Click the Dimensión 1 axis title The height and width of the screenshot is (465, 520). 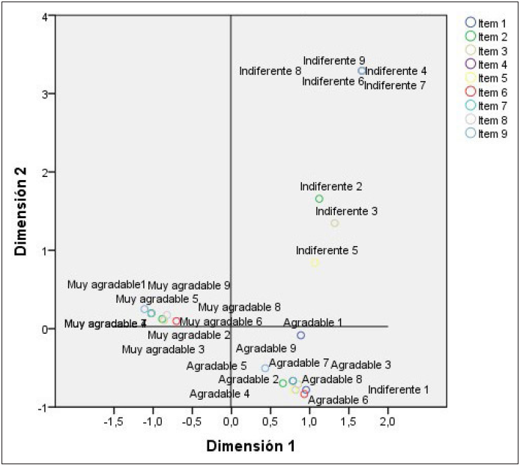tap(250, 445)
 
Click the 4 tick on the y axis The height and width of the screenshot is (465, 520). tap(46, 16)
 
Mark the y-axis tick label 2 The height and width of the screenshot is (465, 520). tap(46, 172)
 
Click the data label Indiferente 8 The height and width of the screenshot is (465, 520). tap(270, 71)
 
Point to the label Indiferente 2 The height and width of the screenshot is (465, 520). tap(331, 186)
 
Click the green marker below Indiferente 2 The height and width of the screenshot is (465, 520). tap(319, 199)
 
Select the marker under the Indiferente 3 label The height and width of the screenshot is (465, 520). tap(335, 223)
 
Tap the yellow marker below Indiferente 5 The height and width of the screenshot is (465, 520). tap(315, 262)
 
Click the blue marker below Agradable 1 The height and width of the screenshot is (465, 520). tap(300, 335)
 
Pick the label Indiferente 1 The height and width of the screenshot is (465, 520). tap(399, 389)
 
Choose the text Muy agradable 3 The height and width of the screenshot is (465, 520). tap(163, 349)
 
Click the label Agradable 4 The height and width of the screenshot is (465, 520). tap(220, 393)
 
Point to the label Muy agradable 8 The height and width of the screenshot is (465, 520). tap(240, 307)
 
